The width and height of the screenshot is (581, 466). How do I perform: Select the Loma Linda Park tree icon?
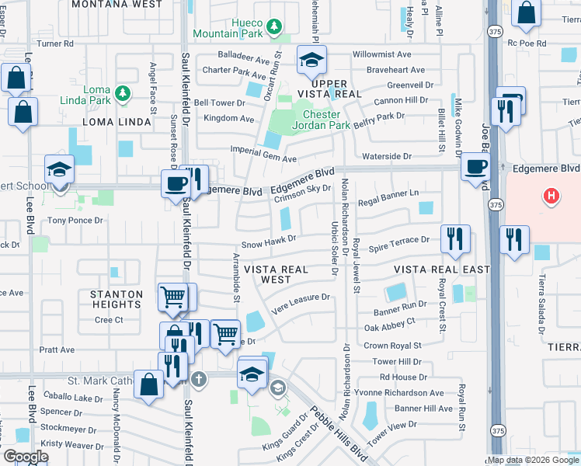[121, 94]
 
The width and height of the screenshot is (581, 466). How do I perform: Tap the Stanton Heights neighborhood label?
[117, 299]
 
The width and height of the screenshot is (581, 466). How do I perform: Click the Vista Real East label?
[441, 270]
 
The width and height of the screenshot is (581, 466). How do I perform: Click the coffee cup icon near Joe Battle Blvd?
[475, 165]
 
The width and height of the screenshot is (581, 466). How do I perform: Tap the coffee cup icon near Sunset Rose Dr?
[176, 184]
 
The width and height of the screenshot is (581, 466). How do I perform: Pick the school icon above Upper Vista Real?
[311, 59]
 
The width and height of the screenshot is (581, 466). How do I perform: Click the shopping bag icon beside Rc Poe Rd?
[527, 13]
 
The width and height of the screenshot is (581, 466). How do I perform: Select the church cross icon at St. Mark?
[199, 380]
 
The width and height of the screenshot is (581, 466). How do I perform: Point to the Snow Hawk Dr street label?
[269, 242]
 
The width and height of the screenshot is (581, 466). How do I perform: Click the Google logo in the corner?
[25, 457]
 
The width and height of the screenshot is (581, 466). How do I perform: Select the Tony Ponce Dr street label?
[75, 221]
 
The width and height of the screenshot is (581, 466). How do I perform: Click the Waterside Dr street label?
[386, 156]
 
